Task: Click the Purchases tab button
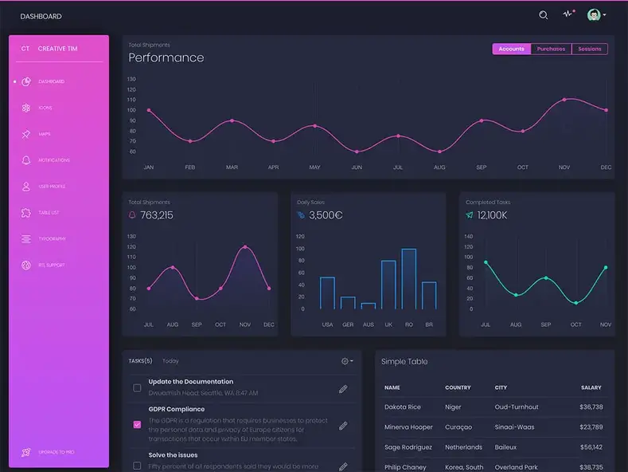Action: (x=551, y=49)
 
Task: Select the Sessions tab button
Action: (x=590, y=49)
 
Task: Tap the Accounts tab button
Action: (x=511, y=49)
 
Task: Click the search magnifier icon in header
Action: (x=544, y=15)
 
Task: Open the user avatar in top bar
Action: (x=594, y=15)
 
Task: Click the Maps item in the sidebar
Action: (x=45, y=134)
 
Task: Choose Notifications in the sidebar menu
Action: (x=53, y=160)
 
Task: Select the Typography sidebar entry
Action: (x=52, y=239)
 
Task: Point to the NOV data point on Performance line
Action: (x=564, y=100)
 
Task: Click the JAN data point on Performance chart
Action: (x=149, y=110)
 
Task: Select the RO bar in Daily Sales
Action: (x=408, y=279)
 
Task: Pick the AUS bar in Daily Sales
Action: (x=368, y=305)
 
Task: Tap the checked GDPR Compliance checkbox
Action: (x=137, y=425)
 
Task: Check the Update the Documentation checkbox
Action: (x=137, y=388)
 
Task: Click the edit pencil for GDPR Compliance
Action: (x=343, y=426)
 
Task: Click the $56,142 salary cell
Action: (x=591, y=447)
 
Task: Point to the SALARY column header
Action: (x=591, y=387)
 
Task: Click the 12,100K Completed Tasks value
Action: (x=492, y=215)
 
